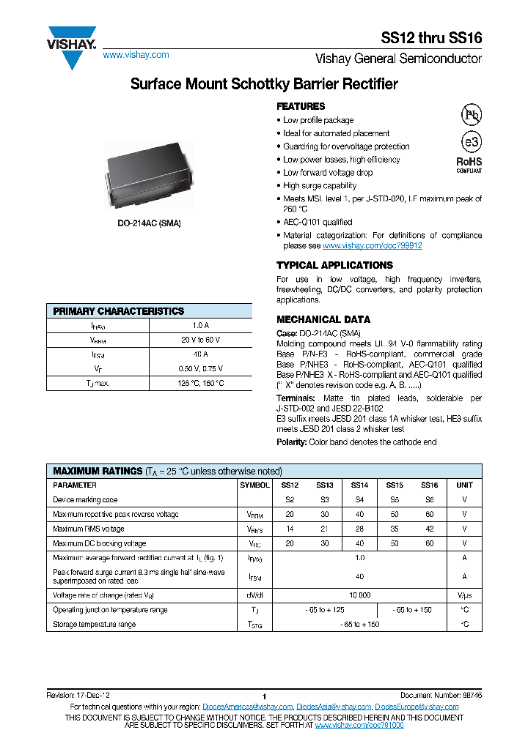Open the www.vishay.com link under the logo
136,55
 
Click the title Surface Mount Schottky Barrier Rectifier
264,84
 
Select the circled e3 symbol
470,142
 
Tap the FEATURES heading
301,106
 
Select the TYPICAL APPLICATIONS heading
334,265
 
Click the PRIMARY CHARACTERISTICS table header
119,311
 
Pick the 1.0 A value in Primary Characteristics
200,325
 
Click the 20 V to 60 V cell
200,340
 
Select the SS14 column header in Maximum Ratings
359,485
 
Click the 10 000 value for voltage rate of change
359,595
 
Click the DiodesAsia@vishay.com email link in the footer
334,707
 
